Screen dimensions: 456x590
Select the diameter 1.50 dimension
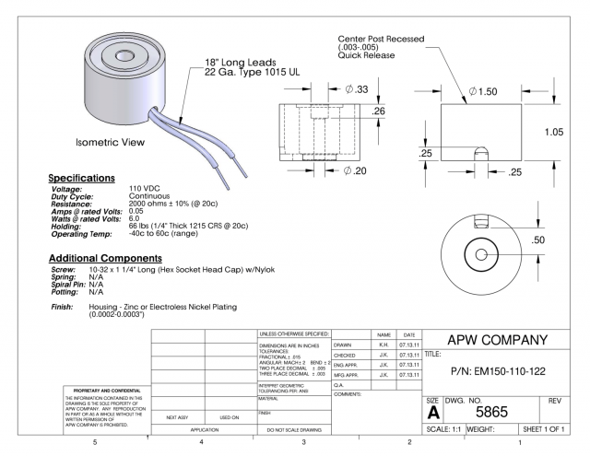pyautogui.click(x=485, y=92)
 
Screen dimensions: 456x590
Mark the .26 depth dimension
pyautogui.click(x=378, y=111)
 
